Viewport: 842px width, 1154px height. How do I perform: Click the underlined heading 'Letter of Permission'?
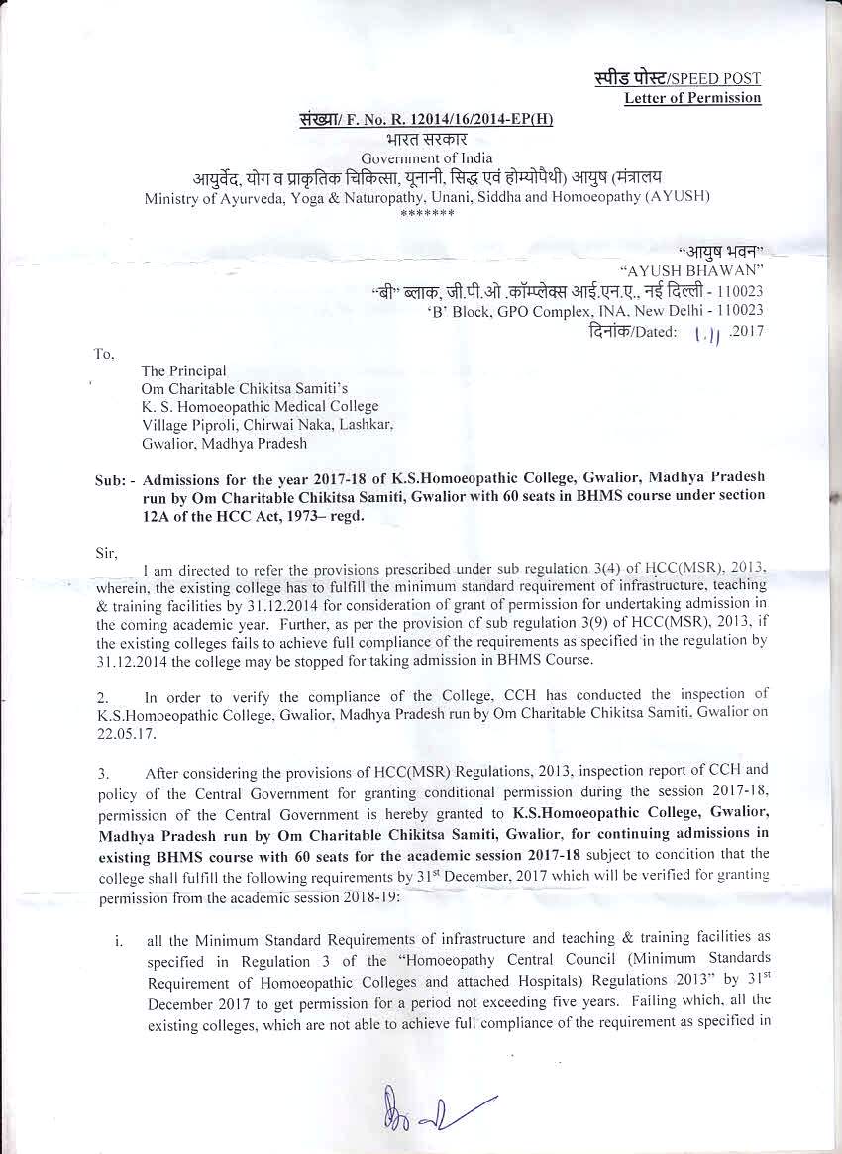pos(692,98)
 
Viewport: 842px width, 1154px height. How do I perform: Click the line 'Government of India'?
pos(421,159)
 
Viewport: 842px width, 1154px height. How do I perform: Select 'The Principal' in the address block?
pos(183,370)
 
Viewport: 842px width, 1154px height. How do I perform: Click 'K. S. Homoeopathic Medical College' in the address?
pos(260,406)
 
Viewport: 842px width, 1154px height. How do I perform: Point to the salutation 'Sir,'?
pos(106,552)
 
